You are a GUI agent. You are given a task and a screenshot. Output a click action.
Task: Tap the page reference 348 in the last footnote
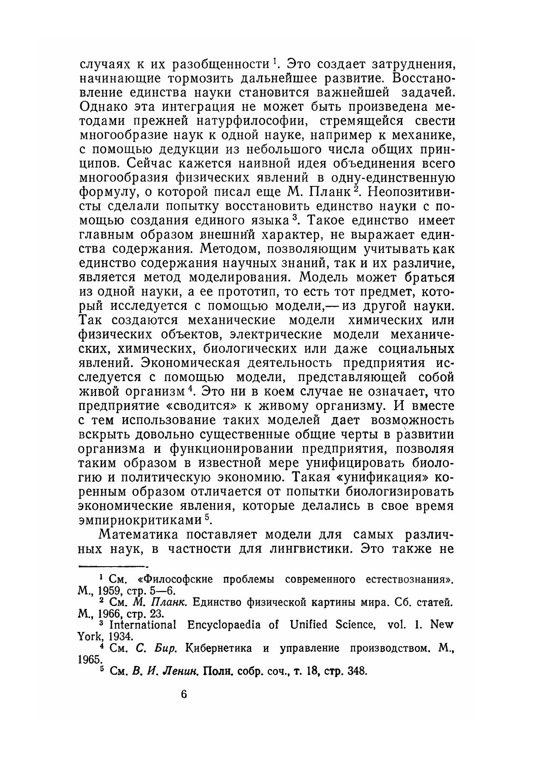tap(357, 672)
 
